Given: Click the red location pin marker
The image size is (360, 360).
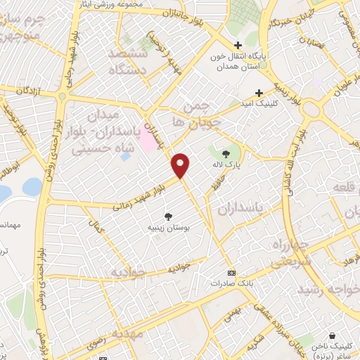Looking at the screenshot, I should click(181, 165).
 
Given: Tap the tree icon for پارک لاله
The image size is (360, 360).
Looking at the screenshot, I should click(226, 153).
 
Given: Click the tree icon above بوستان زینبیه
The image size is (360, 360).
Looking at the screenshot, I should click(167, 217).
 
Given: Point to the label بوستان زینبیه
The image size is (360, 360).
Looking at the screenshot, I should click(167, 228).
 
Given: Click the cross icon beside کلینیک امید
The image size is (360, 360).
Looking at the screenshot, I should click(259, 93).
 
